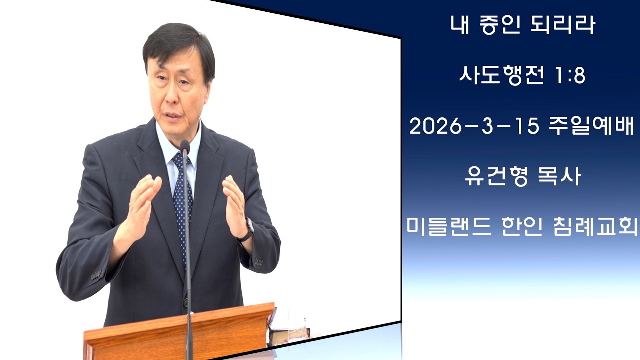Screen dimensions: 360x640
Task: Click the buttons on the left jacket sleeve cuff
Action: click(96, 274)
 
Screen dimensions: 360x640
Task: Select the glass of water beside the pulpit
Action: click(296, 330)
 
